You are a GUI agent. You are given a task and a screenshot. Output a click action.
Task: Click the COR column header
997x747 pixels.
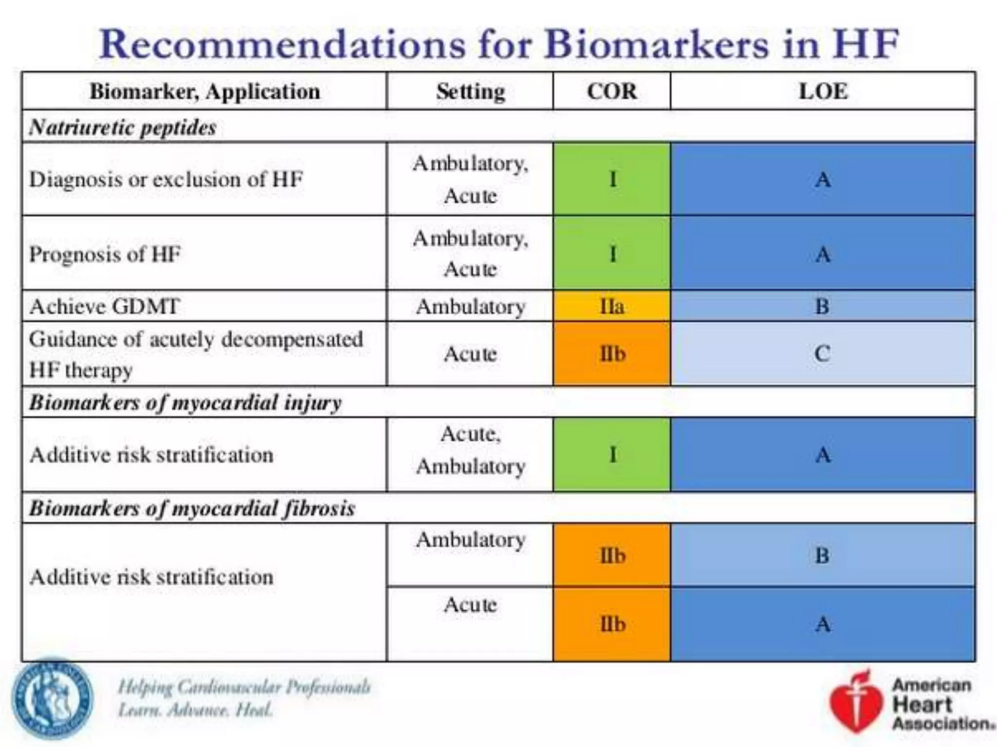click(x=611, y=91)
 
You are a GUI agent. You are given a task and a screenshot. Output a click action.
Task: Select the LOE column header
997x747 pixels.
click(x=823, y=91)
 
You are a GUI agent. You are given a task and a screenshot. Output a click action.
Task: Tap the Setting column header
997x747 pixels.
click(x=470, y=91)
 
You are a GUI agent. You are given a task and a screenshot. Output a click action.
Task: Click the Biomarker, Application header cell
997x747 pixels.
click(x=204, y=91)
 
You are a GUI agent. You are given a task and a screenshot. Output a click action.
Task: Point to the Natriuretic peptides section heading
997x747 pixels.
click(x=123, y=127)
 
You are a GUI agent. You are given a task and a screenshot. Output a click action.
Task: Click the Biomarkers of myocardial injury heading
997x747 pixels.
click(x=185, y=403)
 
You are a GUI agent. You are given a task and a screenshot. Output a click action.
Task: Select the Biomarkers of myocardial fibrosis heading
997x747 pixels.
click(x=192, y=508)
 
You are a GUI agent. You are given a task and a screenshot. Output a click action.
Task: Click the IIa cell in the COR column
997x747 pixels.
click(x=611, y=306)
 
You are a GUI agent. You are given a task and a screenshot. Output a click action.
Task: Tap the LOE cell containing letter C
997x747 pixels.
click(x=822, y=354)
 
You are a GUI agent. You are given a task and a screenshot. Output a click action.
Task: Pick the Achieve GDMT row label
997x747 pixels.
click(x=105, y=306)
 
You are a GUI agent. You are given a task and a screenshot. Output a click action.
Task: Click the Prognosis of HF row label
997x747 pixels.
click(x=105, y=254)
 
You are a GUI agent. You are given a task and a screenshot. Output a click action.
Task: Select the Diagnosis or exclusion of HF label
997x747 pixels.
click(x=166, y=179)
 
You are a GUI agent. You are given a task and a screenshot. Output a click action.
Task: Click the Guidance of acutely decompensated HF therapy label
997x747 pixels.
click(x=195, y=354)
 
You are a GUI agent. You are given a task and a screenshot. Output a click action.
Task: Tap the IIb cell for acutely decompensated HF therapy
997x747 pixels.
click(x=611, y=354)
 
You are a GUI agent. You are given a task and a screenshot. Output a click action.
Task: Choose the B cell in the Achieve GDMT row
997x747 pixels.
click(x=822, y=306)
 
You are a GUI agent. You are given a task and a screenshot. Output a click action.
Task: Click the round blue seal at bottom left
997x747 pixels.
click(x=52, y=699)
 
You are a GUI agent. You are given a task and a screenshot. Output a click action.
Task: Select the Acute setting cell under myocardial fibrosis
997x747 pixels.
click(x=470, y=605)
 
